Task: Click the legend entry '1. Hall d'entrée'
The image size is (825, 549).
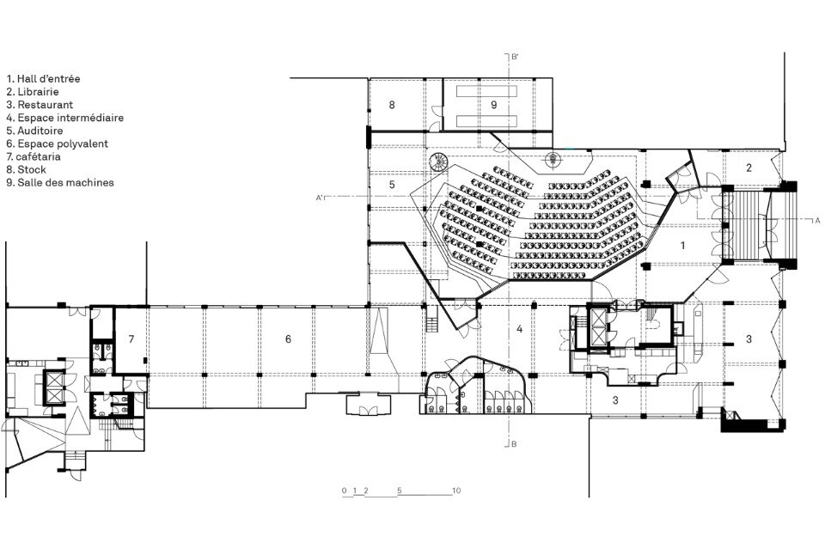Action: click(43, 79)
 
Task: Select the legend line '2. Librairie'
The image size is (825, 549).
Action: click(33, 92)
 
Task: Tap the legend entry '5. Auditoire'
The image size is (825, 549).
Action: click(34, 131)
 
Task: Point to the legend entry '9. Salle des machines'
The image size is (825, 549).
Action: click(60, 183)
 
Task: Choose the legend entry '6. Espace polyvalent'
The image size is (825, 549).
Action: click(58, 143)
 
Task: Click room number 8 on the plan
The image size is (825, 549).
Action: click(392, 105)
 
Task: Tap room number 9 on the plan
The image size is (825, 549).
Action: click(493, 105)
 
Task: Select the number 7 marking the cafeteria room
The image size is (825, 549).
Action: click(131, 339)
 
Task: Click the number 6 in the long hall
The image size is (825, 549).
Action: click(288, 339)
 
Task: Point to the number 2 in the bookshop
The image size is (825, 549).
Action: click(749, 168)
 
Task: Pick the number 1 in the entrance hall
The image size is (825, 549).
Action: click(683, 245)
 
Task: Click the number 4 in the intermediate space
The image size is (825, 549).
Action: click(520, 329)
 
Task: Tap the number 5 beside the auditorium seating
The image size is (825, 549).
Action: click(392, 185)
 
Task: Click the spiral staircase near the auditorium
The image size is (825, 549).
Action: click(437, 162)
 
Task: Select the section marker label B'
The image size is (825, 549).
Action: click(516, 56)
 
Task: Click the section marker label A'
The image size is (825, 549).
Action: click(319, 198)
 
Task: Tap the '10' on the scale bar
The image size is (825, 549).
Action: click(456, 491)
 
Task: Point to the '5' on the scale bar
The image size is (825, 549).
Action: click(400, 491)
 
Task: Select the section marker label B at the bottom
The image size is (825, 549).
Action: click(514, 444)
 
